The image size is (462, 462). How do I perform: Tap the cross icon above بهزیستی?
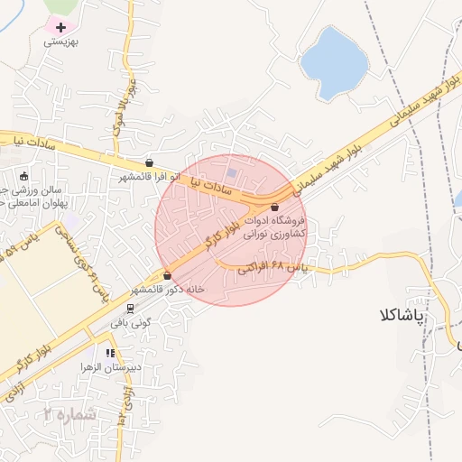point(60,28)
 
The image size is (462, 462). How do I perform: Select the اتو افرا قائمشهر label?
point(149,177)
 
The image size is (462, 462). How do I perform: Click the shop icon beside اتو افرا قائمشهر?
point(149,162)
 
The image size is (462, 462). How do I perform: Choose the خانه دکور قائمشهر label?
point(167,290)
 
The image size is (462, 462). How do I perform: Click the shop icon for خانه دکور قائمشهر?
point(167,275)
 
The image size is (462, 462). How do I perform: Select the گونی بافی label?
point(129,320)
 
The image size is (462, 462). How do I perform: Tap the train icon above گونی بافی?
point(129,307)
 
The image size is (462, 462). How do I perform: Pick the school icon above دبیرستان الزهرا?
point(110,353)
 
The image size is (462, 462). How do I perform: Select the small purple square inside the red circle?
point(233,171)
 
